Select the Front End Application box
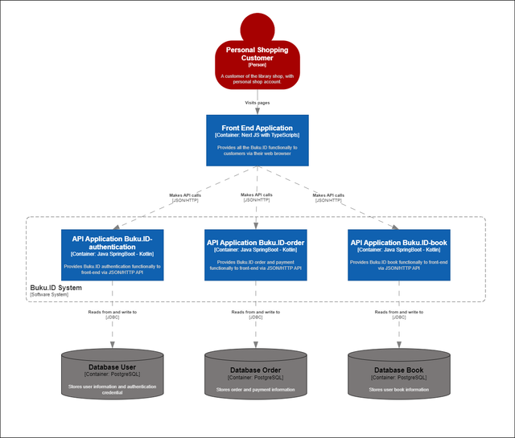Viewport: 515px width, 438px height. point(257,140)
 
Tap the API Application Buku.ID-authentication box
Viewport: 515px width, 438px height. point(112,255)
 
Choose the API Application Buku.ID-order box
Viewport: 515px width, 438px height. point(256,255)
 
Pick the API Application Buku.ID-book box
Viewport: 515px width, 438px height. point(400,255)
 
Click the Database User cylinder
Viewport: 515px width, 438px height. point(112,377)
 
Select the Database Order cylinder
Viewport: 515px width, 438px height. point(255,377)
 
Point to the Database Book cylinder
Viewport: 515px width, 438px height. point(399,377)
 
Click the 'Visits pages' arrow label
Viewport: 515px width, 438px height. point(257,103)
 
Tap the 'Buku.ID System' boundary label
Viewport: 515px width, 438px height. point(57,288)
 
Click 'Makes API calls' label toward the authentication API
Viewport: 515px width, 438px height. point(184,194)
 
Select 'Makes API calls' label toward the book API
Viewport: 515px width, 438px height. point(328,194)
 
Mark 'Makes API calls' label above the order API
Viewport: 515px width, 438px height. point(257,194)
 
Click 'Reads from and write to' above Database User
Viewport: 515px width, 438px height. point(112,312)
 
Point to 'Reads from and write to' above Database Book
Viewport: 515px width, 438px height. point(399,312)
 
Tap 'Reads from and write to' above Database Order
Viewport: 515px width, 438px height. point(255,312)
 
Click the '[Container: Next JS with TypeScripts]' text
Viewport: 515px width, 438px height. point(257,135)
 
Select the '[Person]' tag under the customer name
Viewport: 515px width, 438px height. point(257,64)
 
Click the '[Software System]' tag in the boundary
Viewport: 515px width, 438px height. point(49,295)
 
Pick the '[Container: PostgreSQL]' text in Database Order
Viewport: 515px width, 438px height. point(255,377)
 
